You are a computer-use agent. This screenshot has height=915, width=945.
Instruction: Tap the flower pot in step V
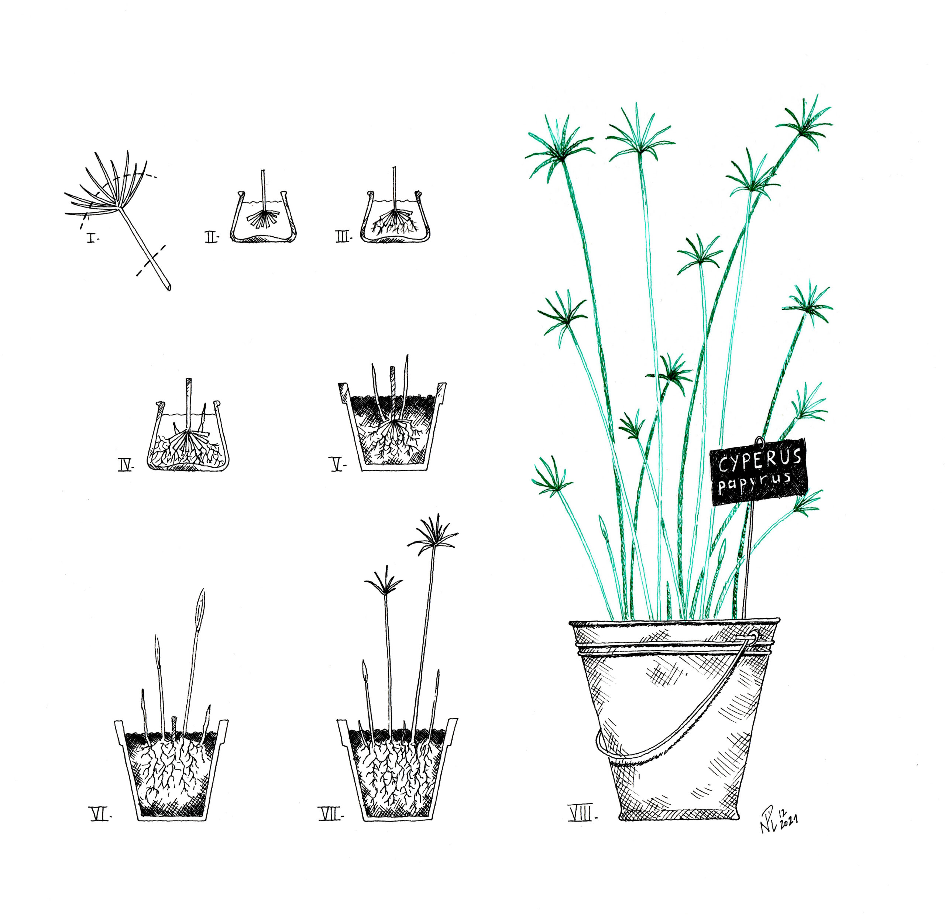[393, 426]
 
